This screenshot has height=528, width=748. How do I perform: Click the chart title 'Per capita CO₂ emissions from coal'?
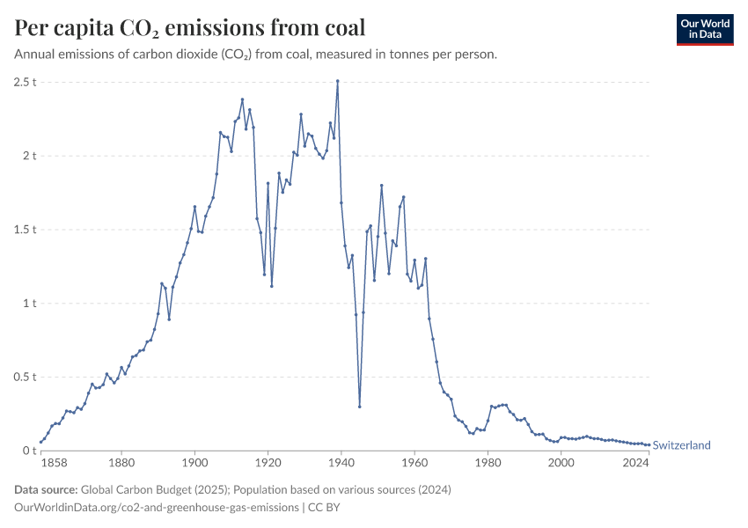point(190,28)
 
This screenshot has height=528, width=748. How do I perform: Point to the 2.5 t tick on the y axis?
point(24,82)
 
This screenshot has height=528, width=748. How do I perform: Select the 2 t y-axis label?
point(27,156)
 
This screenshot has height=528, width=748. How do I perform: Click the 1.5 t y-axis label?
point(24,230)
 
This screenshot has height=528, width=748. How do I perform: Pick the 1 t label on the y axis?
point(27,304)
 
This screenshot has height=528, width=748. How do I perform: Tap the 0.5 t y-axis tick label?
point(24,377)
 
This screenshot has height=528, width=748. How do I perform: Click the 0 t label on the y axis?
point(27,451)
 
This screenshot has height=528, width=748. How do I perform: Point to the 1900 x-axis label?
point(194,462)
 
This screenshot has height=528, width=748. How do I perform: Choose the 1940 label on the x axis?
point(341,462)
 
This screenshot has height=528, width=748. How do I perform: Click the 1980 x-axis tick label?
point(488,462)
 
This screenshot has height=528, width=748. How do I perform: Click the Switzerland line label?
point(681,445)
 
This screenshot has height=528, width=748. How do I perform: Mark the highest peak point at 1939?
point(338,81)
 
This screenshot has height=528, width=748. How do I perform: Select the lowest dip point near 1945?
point(359,406)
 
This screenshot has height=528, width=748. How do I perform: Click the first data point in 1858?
point(40,442)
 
